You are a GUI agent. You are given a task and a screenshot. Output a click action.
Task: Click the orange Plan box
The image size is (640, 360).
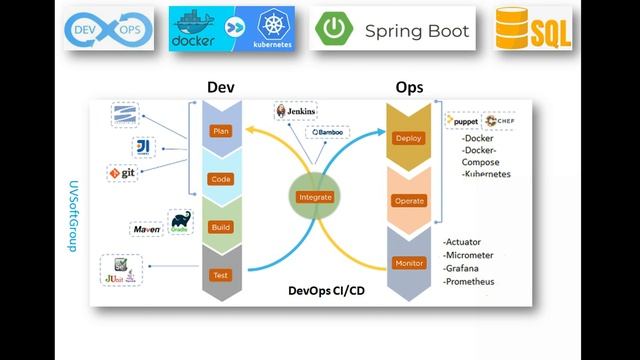[x=219, y=131]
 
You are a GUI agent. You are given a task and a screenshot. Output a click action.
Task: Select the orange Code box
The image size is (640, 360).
[x=219, y=179]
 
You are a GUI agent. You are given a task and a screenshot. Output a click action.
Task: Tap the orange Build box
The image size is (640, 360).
[x=219, y=227]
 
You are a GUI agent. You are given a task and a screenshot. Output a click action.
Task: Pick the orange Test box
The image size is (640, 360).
[x=219, y=275]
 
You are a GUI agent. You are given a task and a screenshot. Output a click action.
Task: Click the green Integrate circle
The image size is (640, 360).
[x=315, y=197]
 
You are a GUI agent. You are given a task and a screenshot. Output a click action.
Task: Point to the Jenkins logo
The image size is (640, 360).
[x=297, y=112]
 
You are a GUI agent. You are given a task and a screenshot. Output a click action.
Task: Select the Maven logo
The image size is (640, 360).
[x=147, y=230]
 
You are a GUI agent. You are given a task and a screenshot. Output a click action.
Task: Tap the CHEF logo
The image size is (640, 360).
[x=499, y=121]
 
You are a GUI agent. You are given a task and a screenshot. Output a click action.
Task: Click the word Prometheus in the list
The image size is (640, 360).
[x=469, y=283]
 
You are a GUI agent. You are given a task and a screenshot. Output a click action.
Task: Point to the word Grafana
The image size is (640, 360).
[x=464, y=269]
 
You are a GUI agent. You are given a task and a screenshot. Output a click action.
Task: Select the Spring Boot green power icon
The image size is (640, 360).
[x=334, y=31]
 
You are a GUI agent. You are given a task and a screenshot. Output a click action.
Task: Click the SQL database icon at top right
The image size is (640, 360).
[x=535, y=31]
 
